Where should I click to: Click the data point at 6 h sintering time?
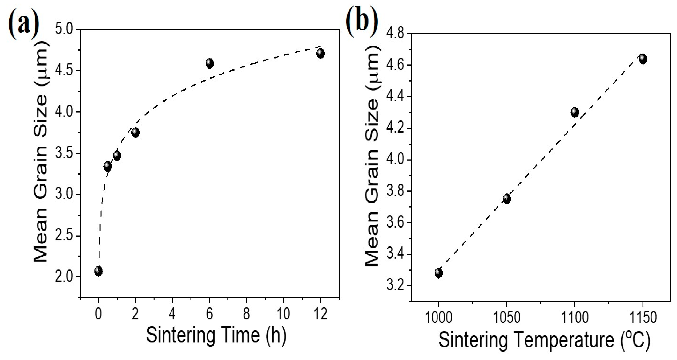[209, 63]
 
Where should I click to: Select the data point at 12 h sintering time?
[320, 53]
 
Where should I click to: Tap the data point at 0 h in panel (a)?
[98, 271]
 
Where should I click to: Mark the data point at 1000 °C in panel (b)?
[438, 273]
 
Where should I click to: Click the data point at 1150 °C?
[643, 59]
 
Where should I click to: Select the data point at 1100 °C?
[575, 112]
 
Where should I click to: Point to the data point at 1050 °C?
[506, 199]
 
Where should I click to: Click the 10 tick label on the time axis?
[283, 314]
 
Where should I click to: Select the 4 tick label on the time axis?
[172, 314]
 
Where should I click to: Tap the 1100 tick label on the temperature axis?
[575, 318]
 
